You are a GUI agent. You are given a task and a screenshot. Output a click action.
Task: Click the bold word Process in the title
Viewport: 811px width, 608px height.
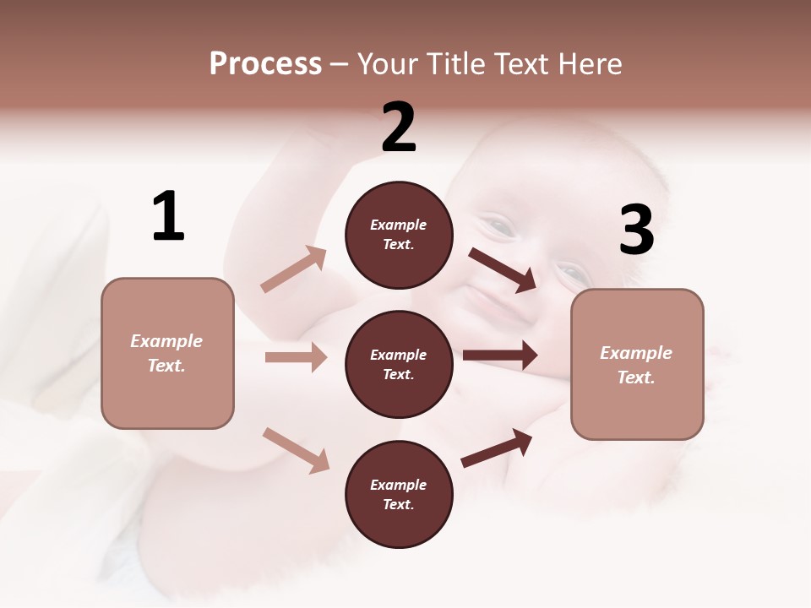click(x=265, y=63)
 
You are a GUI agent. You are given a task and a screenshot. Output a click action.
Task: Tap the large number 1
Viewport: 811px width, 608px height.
click(x=168, y=216)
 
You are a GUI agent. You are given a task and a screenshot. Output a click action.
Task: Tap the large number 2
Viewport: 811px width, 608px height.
click(x=399, y=128)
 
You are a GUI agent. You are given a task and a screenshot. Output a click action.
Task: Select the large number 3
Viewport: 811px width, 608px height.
click(x=636, y=231)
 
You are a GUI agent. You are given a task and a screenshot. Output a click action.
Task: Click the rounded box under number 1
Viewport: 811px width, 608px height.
click(x=167, y=353)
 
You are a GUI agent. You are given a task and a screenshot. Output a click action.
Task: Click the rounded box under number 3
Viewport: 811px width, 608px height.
click(x=637, y=365)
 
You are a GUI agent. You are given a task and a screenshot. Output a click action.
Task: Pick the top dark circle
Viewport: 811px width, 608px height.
click(x=399, y=235)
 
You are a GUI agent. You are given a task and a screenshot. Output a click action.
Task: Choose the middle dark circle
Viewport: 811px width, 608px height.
click(x=399, y=364)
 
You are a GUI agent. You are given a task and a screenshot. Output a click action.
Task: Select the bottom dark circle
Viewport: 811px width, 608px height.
click(x=399, y=494)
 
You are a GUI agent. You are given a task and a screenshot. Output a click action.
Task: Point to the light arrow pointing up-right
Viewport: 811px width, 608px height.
click(x=294, y=269)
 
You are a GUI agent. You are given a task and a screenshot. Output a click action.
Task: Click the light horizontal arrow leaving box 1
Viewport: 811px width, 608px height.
click(x=296, y=357)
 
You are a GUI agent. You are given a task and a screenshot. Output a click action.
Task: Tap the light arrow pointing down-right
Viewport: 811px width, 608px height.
click(x=296, y=449)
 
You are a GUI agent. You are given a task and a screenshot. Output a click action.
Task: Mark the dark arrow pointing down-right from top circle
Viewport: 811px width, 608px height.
click(x=503, y=269)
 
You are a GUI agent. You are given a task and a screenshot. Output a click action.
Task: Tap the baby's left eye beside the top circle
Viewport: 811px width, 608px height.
click(x=501, y=226)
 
